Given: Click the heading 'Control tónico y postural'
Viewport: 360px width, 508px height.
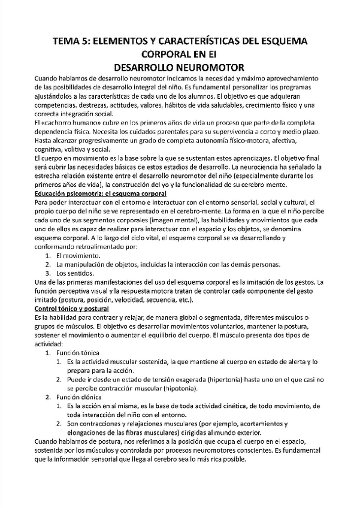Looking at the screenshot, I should coord(72,308).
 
